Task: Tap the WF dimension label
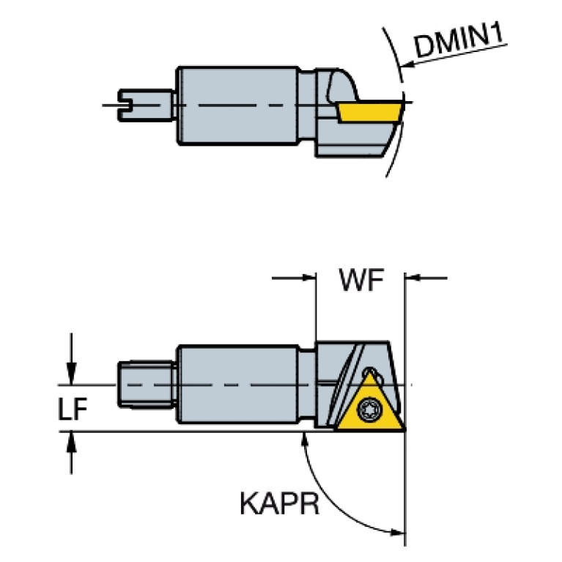pos(361,280)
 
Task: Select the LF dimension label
pos(72,409)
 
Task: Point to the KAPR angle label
pos(279,503)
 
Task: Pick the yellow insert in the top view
pos(370,113)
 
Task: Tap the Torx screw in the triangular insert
pos(369,410)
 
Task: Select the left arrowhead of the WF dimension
pos(309,278)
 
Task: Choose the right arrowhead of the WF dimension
pos(412,278)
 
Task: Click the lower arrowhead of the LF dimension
pos(71,442)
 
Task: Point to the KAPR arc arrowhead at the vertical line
pos(397,533)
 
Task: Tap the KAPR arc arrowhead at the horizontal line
pos(305,438)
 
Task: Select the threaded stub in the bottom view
pos(147,385)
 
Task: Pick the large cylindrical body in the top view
pos(237,106)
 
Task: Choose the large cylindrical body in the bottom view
pos(237,384)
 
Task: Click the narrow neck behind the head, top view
pos(307,105)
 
